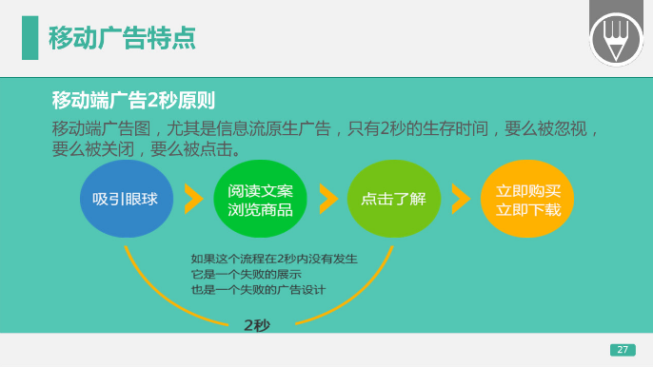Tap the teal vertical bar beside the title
pos(30,37)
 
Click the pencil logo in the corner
pos(616,38)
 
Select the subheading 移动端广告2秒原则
pos(133,100)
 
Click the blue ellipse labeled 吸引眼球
pos(126,199)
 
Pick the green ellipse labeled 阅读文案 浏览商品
pos(260,199)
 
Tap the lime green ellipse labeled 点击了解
pos(393,199)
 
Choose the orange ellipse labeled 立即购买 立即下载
pos(527,199)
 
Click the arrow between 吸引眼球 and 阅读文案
pos(193,199)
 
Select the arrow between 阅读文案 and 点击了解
pos(327,199)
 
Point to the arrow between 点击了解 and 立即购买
pos(461,199)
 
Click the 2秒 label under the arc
pos(257,325)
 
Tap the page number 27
pos(623,350)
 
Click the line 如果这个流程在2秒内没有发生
pos(274,258)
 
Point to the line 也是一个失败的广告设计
pos(259,289)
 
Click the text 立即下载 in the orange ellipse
pos(527,209)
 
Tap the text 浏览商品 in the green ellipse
pos(260,209)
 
